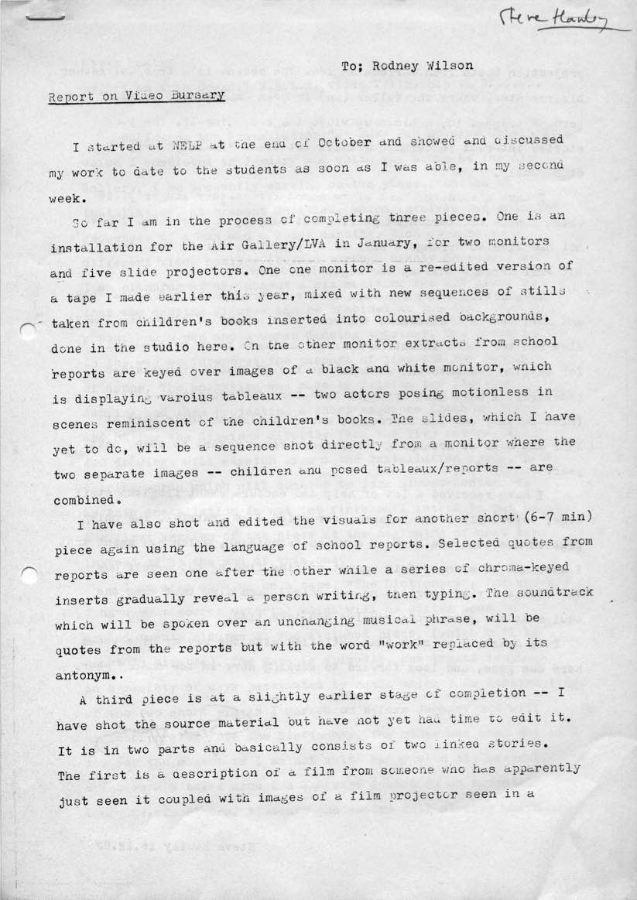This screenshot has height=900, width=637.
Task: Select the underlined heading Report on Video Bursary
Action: point(136,97)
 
